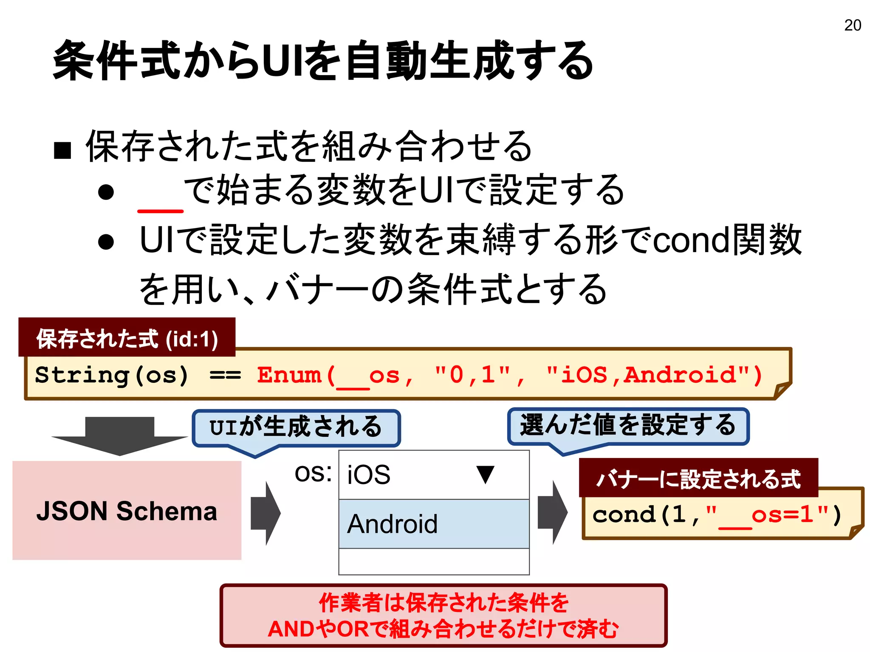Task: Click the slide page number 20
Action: pos(852,25)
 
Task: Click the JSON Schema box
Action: pos(127,510)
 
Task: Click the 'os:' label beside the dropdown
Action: pos(313,473)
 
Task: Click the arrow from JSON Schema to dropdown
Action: pos(265,513)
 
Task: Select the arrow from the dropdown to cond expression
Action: pos(552,512)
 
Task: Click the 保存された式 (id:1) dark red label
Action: pos(127,338)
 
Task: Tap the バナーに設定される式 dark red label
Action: pos(698,478)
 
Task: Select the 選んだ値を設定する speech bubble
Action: pos(628,426)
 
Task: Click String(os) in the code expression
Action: pos(111,375)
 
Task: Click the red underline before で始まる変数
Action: pos(160,211)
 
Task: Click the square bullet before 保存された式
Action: pos(62,150)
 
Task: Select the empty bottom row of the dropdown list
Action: pos(434,561)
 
